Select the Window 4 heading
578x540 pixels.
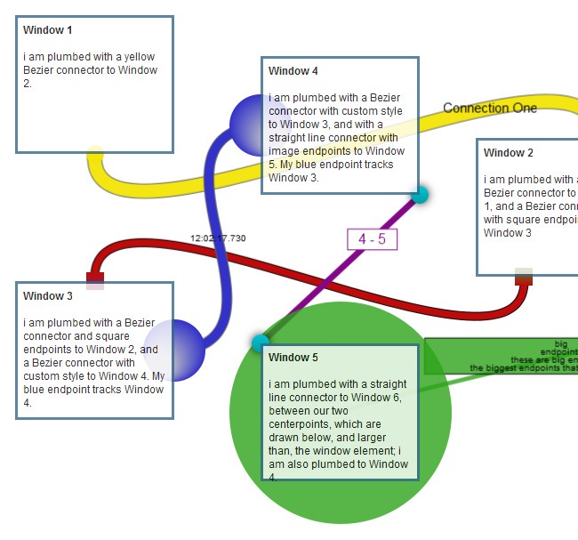coord(293,71)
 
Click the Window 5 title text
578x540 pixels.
coord(293,358)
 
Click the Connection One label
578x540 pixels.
coord(490,109)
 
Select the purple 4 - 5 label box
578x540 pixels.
coord(372,239)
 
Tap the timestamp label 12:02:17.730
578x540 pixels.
coord(218,238)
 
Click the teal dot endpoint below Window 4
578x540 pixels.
coord(420,195)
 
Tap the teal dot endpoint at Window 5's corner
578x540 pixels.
coord(261,343)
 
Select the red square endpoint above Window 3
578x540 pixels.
coord(95,280)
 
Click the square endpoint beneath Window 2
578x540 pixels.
coord(524,277)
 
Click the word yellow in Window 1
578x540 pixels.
coord(139,57)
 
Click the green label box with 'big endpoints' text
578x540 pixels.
coord(502,356)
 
